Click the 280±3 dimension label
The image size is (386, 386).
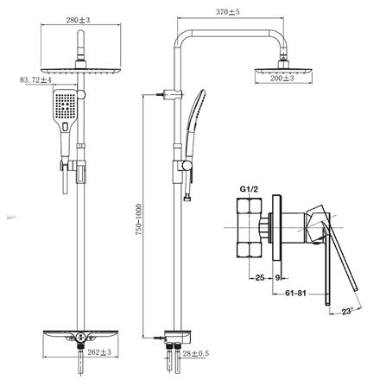(x=78, y=20)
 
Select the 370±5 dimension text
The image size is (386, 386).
(x=228, y=12)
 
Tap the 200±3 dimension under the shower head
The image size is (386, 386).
(x=282, y=78)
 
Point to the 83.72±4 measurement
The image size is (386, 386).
(x=35, y=79)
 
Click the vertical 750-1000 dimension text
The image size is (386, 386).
(x=139, y=219)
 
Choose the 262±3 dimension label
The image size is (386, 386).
(x=99, y=352)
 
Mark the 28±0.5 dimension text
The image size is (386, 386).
(x=196, y=353)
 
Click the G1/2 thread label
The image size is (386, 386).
(x=249, y=189)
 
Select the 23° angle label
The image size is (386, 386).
(x=347, y=311)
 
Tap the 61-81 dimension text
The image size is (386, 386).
(x=295, y=294)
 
